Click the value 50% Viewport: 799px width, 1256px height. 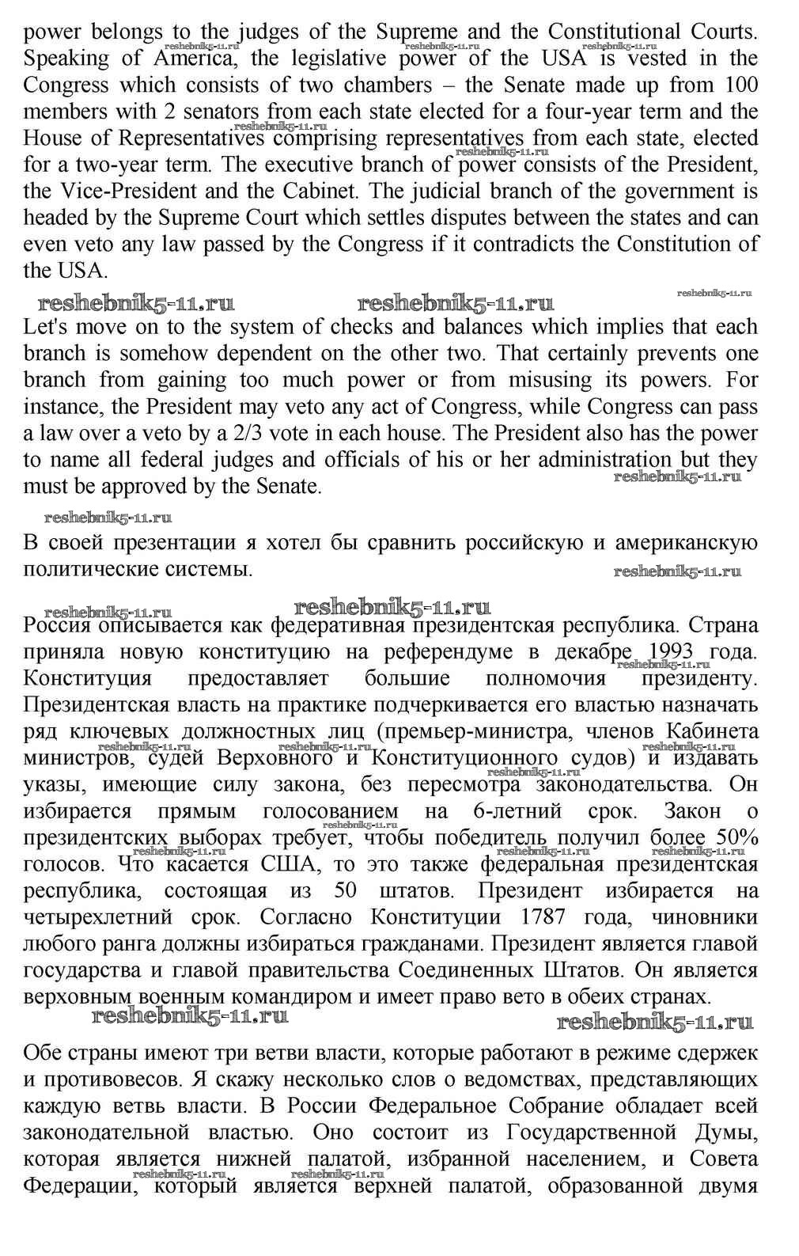click(737, 837)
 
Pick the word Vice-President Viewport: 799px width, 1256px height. click(119, 191)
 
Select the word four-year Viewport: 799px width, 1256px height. click(562, 112)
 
